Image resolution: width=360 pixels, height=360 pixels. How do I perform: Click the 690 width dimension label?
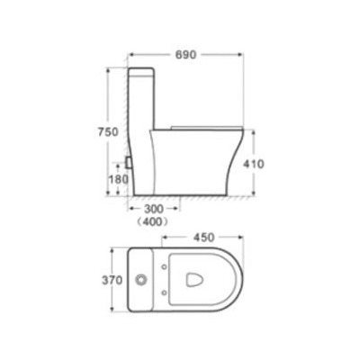point(185,55)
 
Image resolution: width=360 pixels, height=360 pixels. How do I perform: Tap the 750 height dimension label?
point(108,131)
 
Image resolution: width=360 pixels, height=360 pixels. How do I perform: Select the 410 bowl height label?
point(254,164)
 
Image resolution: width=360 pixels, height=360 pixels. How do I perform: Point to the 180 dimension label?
point(118,179)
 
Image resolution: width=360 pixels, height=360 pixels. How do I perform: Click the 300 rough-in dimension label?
point(154,209)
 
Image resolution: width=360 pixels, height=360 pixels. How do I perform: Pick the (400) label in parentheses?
point(152,222)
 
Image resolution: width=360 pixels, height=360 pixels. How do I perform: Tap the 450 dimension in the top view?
point(204,238)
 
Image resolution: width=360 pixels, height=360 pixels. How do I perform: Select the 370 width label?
point(112,280)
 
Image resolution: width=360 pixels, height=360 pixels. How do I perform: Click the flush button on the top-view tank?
point(140,280)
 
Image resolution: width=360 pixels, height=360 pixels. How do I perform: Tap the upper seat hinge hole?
point(164,266)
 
